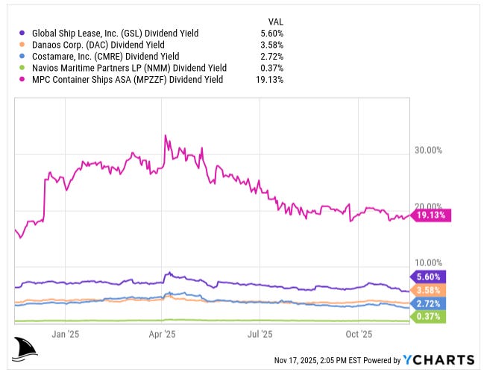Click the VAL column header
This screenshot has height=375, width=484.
(x=275, y=22)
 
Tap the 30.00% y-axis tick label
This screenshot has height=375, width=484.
(x=428, y=150)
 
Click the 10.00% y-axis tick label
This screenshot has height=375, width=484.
(x=428, y=262)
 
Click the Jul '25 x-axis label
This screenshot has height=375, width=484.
(x=260, y=334)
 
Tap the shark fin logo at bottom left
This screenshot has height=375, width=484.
(x=26, y=348)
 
